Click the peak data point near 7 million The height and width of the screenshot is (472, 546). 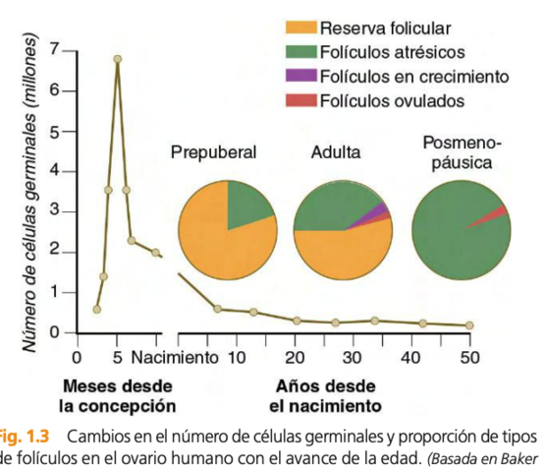coord(117,59)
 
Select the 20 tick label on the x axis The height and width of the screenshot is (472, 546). coord(297,356)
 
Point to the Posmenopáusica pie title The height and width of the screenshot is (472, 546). coord(460,152)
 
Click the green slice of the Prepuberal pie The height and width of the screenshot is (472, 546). coord(247,204)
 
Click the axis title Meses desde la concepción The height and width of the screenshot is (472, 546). coord(117,394)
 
